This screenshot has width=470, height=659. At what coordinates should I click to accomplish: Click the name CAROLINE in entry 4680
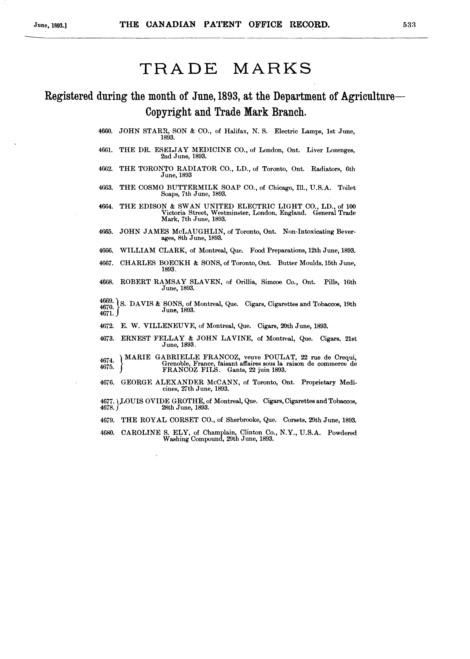(x=141, y=433)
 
